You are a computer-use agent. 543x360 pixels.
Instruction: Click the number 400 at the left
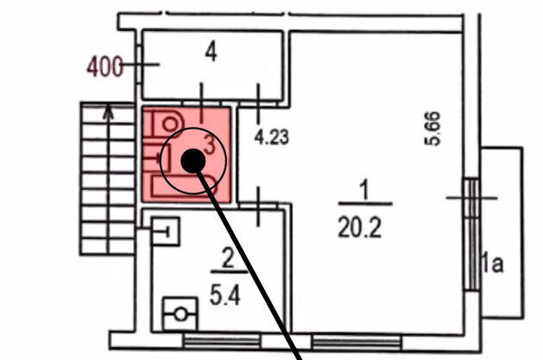pyautogui.click(x=105, y=65)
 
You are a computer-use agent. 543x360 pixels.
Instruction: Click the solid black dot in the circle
pyautogui.click(x=193, y=160)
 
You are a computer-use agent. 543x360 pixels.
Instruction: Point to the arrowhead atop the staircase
pyautogui.click(x=106, y=110)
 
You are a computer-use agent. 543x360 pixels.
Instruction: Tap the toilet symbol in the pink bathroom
pyautogui.click(x=167, y=122)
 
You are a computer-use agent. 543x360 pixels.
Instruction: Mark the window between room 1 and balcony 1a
pyautogui.click(x=471, y=234)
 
